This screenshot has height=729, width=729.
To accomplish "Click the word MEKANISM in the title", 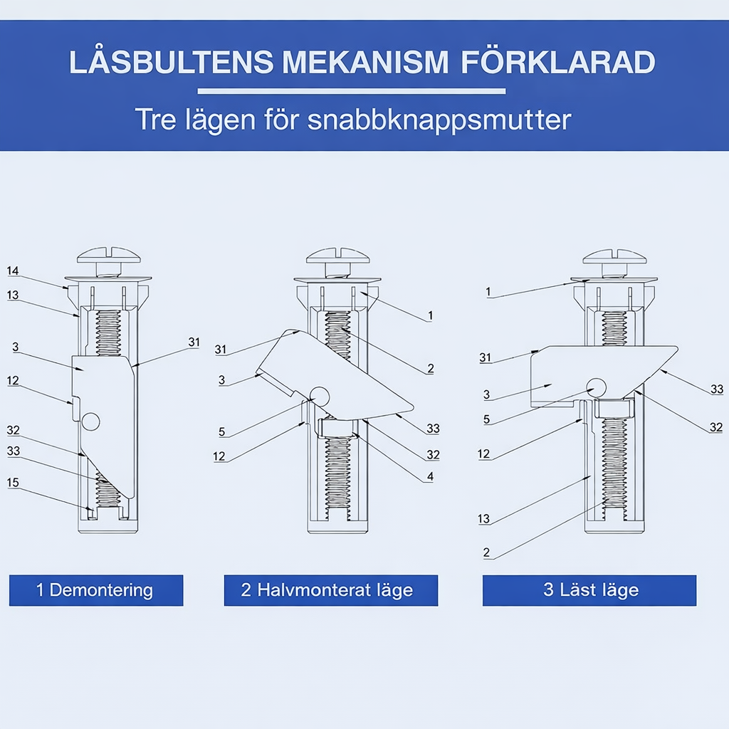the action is click(x=365, y=62).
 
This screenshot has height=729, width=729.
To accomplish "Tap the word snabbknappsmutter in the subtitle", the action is click(x=439, y=120).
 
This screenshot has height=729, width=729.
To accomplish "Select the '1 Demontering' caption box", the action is click(x=96, y=590).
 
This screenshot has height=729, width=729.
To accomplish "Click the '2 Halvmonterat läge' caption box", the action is click(x=331, y=590).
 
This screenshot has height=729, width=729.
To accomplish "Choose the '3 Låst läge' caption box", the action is click(x=589, y=590).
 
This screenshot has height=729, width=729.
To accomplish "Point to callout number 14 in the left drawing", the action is click(x=13, y=271).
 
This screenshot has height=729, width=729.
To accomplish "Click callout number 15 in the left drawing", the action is click(x=13, y=483).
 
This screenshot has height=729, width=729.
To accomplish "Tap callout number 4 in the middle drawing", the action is click(x=430, y=476).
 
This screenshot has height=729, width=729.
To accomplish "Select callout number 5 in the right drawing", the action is click(x=486, y=419).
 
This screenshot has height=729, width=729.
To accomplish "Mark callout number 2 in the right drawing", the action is click(x=486, y=552).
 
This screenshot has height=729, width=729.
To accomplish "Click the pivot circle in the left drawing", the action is click(x=90, y=421).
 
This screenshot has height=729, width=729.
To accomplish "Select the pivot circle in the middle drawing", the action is click(x=320, y=396).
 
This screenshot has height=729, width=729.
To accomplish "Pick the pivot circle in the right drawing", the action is click(x=597, y=387).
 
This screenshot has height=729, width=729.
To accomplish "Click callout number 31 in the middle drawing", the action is click(x=221, y=350).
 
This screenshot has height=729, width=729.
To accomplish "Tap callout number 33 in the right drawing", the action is click(x=717, y=389).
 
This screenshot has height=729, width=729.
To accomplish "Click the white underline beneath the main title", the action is click(x=352, y=91).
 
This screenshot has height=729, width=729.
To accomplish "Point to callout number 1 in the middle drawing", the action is click(x=430, y=315).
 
